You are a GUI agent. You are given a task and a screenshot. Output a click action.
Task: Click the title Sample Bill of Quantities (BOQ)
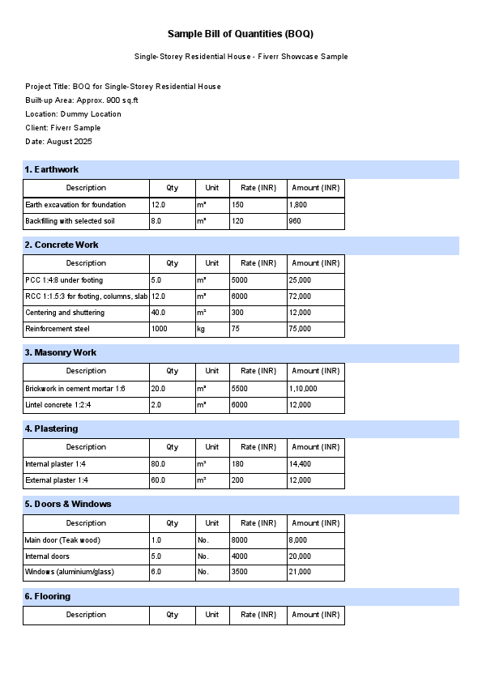tap(241, 34)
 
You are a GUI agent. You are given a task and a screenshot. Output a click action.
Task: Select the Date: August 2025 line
tap(58, 142)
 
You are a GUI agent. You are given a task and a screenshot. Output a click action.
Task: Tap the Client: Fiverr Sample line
tap(63, 128)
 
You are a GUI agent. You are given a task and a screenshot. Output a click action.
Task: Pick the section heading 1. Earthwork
tap(52, 169)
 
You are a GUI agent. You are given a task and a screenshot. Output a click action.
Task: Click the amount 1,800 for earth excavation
tap(298, 205)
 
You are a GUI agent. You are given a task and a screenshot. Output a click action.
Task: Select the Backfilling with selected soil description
tap(70, 221)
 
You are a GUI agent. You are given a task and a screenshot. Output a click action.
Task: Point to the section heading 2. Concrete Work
tap(62, 245)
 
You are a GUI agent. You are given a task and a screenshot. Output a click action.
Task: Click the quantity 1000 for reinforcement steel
tap(160, 329)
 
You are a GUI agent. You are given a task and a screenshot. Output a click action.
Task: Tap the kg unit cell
tap(201, 329)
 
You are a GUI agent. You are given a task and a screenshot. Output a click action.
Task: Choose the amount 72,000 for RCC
tap(300, 296)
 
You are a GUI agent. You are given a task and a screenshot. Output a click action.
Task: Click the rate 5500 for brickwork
tap(241, 389)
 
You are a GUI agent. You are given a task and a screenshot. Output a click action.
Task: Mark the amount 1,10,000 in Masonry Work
tap(304, 389)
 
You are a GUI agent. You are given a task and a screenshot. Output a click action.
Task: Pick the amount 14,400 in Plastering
tap(300, 464)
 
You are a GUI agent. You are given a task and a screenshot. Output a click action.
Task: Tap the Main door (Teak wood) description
tap(63, 540)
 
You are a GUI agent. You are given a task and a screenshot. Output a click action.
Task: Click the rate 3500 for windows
tap(241, 573)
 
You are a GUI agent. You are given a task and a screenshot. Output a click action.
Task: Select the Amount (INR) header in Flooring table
tap(315, 615)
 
